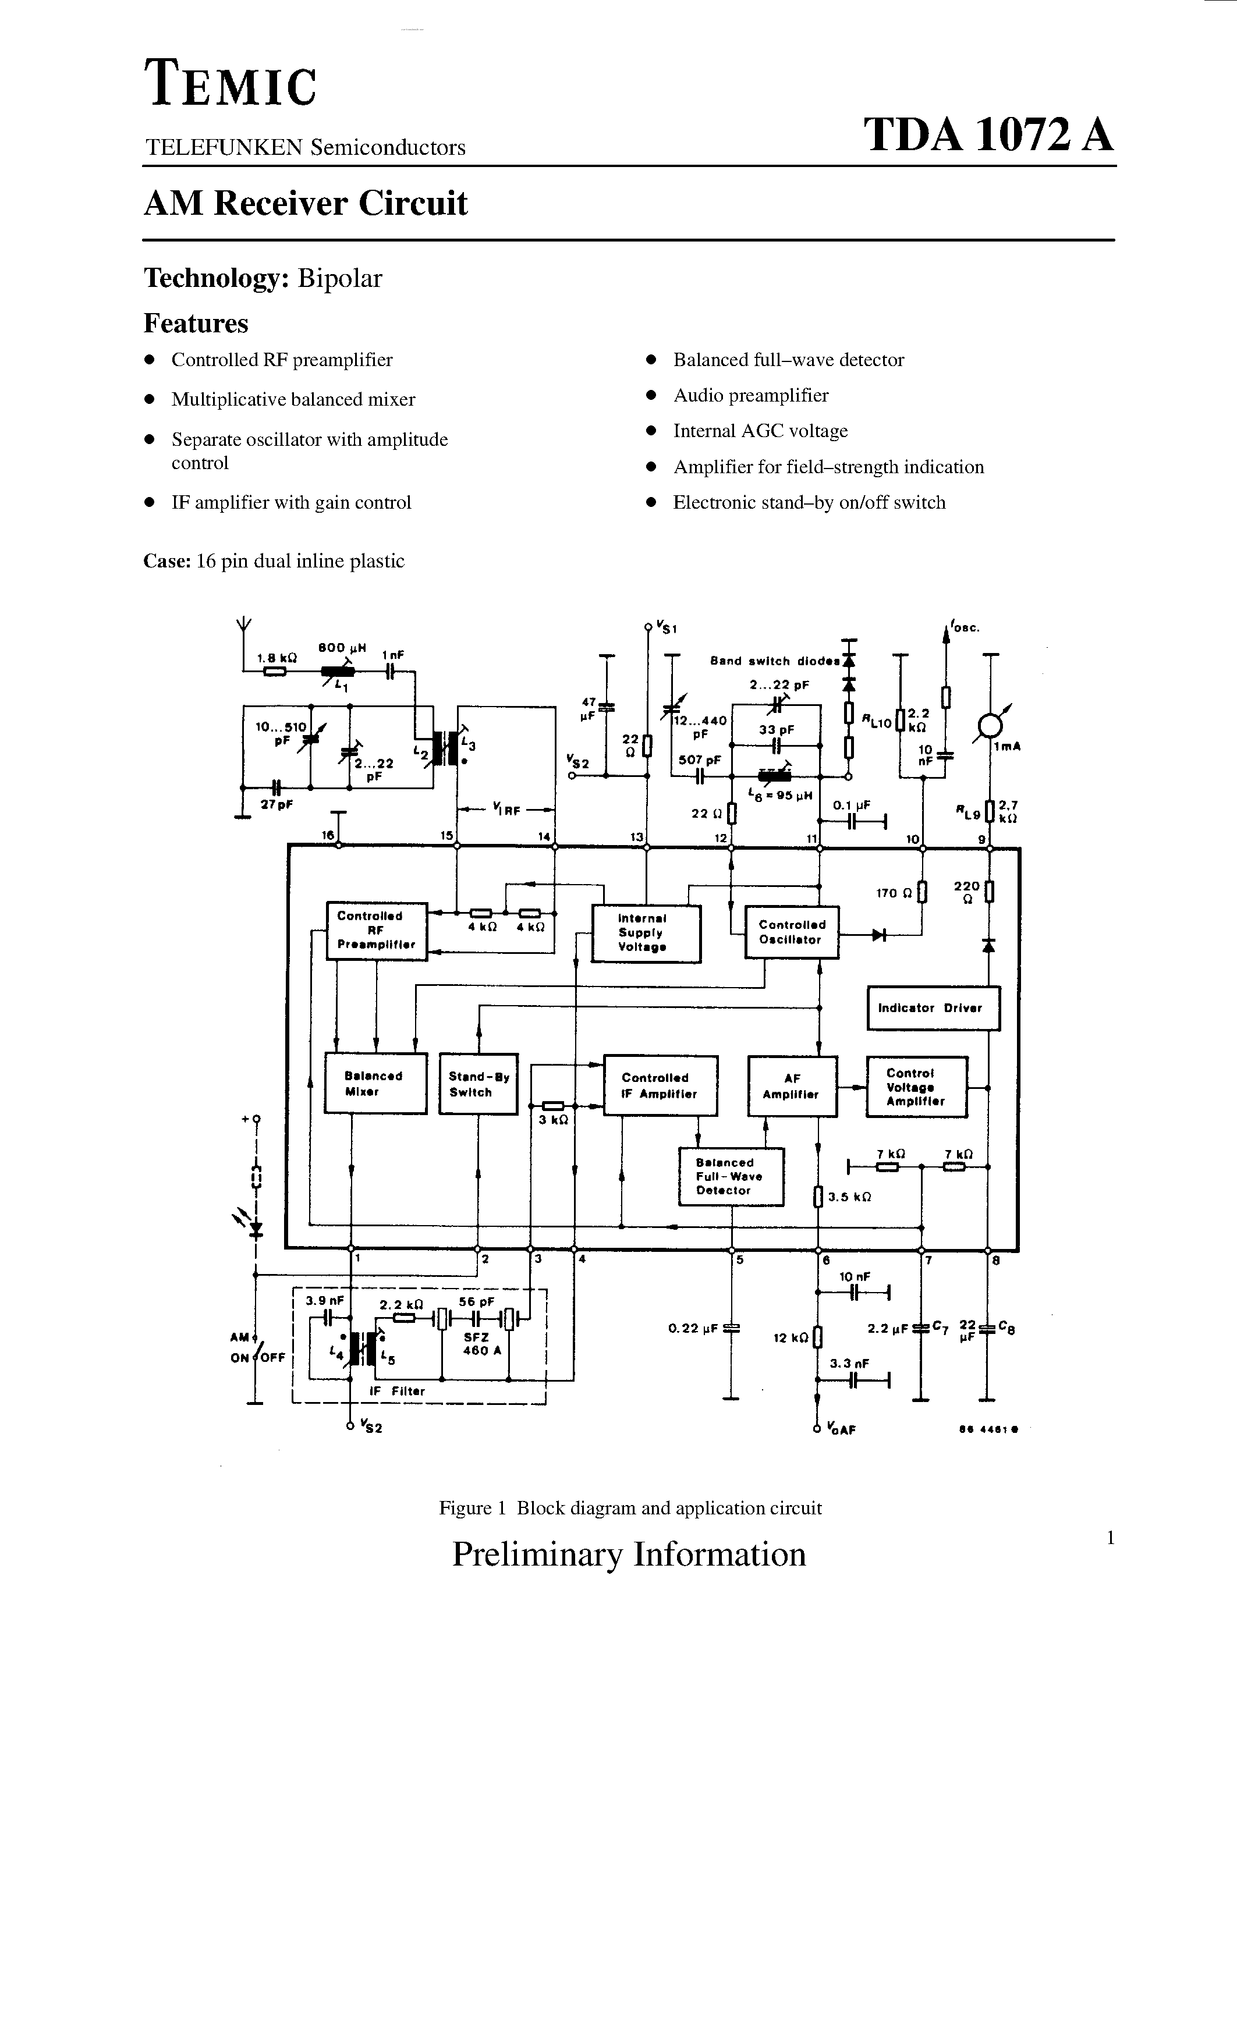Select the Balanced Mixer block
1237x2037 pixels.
pos(375,1083)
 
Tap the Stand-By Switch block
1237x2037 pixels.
pos(478,1084)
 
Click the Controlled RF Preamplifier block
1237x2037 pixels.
pos(376,931)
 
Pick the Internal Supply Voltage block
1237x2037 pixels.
pos(646,934)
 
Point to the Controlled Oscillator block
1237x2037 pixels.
pos(791,932)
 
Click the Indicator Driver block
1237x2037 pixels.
pos(933,1008)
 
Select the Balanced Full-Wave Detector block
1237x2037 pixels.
pos(730,1176)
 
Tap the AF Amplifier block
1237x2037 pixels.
pos(791,1086)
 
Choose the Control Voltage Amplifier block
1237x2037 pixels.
pos(916,1087)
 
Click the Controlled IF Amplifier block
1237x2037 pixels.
pos(660,1085)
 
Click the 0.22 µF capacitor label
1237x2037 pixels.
pos(692,1329)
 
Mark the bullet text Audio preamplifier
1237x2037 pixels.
pos(750,395)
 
